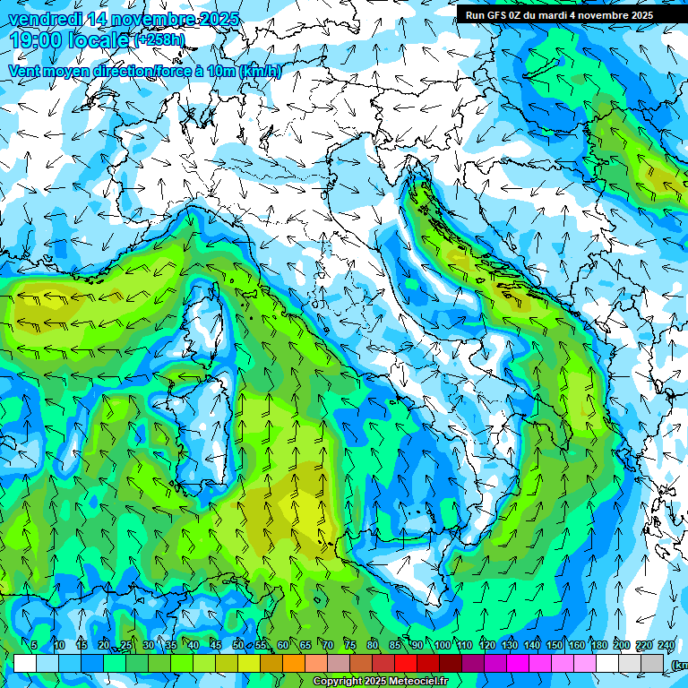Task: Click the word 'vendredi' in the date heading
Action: (x=41, y=19)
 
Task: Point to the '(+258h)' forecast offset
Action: (x=160, y=39)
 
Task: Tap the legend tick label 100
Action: (x=443, y=646)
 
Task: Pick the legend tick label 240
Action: (x=666, y=646)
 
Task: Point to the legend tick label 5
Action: (x=34, y=646)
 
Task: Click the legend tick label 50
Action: (x=238, y=646)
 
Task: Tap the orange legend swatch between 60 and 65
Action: (x=294, y=663)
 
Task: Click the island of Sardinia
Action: (x=200, y=430)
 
